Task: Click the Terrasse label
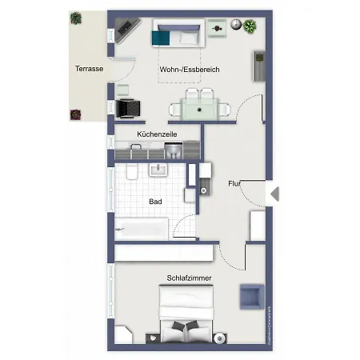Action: pos(89,69)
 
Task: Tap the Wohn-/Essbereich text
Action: pos(190,70)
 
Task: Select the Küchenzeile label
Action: pos(157,134)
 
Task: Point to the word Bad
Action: pos(155,202)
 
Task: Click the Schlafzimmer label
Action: pos(189,278)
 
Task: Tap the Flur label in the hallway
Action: pos(234,183)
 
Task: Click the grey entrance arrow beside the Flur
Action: pos(274,194)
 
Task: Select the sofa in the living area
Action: pos(175,35)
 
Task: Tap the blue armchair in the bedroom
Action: pos(250,295)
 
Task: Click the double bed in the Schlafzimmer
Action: pos(189,317)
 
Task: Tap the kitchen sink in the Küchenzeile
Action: pos(134,150)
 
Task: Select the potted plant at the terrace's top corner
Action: pos(76,18)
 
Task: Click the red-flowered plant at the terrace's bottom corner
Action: pos(76,114)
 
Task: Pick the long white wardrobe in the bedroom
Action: pos(163,253)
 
